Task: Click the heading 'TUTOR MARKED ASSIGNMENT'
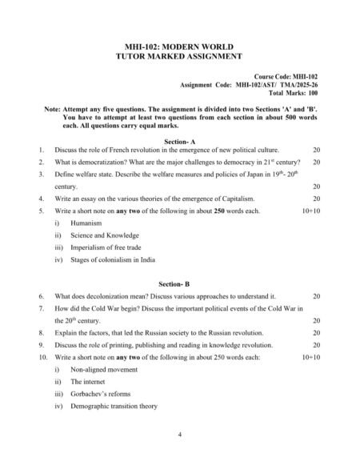pyautogui.click(x=179, y=57)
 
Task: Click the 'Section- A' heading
pyautogui.click(x=179, y=141)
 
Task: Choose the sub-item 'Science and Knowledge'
pyautogui.click(x=105, y=235)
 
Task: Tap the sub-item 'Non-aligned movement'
pyautogui.click(x=105, y=370)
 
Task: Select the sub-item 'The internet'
pyautogui.click(x=90, y=382)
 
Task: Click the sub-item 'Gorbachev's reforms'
pyautogui.click(x=100, y=395)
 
